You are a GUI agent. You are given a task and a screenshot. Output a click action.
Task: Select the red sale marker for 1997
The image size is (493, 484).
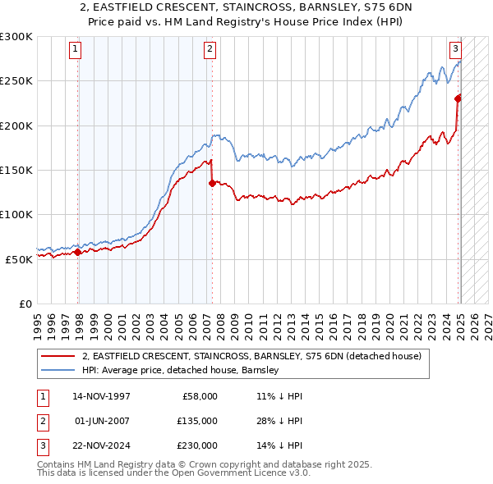[x=78, y=252]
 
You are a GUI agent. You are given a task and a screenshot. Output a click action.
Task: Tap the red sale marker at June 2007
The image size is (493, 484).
[x=212, y=184]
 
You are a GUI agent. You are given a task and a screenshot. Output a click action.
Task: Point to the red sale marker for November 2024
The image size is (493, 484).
[x=458, y=98]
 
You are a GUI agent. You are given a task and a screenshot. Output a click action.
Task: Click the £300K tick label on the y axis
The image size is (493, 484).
[x=16, y=37]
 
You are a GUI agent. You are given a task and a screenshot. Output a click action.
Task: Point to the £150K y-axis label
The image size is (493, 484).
[x=16, y=170]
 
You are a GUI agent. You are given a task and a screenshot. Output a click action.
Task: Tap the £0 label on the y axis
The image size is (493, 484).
[x=24, y=304]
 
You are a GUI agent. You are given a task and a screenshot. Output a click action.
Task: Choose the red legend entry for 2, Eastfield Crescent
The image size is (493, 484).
[x=251, y=356]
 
